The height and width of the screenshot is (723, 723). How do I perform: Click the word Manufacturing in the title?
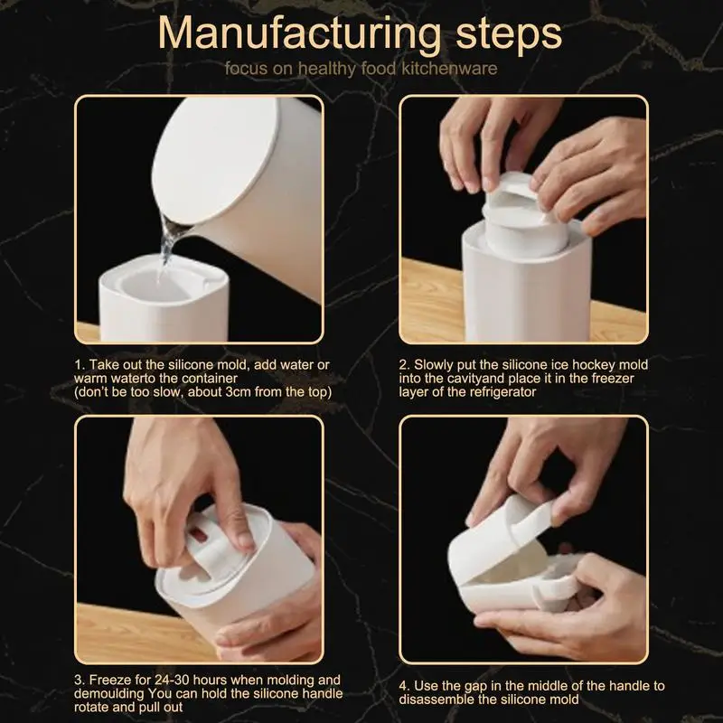click(300, 34)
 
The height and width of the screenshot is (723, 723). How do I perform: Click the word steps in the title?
click(509, 34)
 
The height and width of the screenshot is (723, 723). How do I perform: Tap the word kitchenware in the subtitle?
click(449, 69)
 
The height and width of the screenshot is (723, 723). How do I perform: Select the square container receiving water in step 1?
click(164, 300)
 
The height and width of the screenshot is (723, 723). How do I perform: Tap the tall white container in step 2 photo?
click(527, 286)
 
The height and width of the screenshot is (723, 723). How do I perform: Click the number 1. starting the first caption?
click(80, 365)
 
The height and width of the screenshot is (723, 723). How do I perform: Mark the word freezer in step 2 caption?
click(613, 379)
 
